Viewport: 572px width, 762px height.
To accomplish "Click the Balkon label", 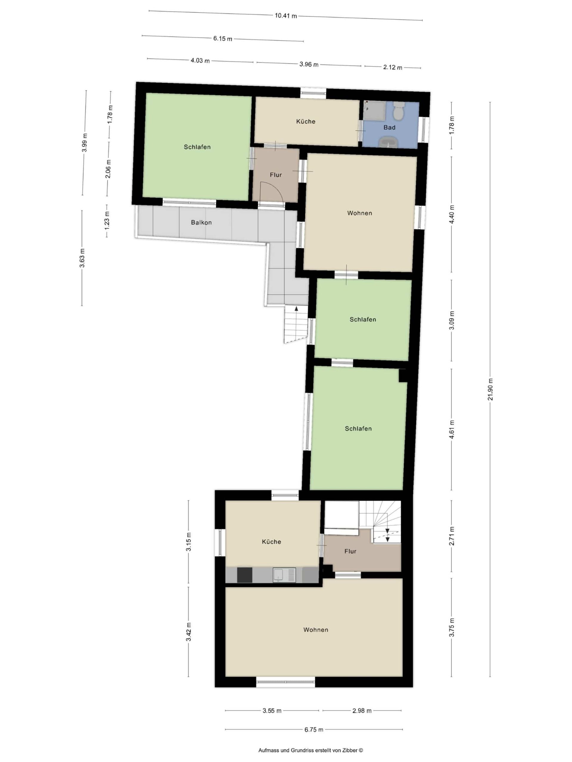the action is pyautogui.click(x=201, y=223).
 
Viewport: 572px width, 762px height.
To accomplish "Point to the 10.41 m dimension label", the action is pyautogui.click(x=285, y=15).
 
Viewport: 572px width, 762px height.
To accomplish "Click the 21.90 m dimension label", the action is pyautogui.click(x=490, y=389).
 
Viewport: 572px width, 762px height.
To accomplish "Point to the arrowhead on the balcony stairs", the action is pyautogui.click(x=296, y=309).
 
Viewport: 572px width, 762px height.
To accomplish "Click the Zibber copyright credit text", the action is pyautogui.click(x=310, y=750).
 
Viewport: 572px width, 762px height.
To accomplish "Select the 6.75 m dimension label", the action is pyautogui.click(x=314, y=729).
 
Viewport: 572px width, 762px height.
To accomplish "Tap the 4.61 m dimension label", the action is pyautogui.click(x=452, y=429).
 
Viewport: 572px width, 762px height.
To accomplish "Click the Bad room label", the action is pyautogui.click(x=389, y=127).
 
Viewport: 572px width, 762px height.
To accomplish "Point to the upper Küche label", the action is pyautogui.click(x=305, y=121).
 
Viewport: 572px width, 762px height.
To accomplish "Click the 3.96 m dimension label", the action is pyautogui.click(x=309, y=64).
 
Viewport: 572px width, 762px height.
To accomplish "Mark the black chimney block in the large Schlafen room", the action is pyautogui.click(x=403, y=375).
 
